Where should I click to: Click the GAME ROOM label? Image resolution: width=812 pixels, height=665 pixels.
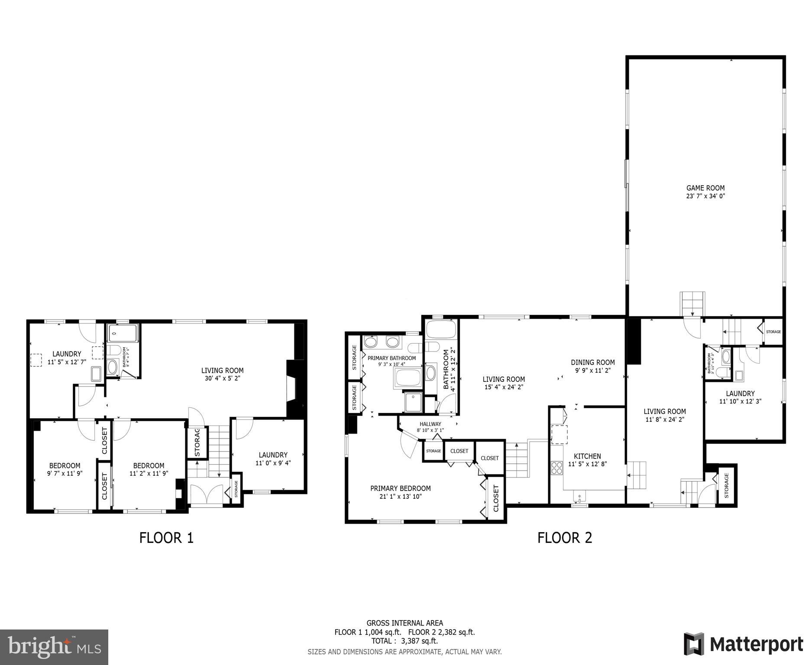(705, 188)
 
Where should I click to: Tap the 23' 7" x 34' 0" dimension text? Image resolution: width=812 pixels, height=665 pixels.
(705, 196)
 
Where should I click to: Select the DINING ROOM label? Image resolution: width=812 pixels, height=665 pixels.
(592, 362)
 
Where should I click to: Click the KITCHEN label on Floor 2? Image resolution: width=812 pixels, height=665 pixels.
(587, 456)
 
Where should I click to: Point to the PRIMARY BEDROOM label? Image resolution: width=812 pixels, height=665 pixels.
(400, 488)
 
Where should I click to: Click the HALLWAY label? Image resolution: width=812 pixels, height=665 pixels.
(430, 424)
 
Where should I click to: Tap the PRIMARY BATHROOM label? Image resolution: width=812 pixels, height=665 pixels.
(391, 358)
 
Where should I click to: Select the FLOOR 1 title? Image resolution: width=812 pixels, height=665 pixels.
(166, 538)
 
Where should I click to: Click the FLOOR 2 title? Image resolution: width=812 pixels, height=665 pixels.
(564, 538)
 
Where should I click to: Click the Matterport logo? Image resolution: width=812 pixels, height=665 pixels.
(743, 644)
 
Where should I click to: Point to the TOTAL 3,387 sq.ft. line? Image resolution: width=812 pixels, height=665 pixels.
(404, 641)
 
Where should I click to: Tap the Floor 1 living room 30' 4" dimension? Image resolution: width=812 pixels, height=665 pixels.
(222, 378)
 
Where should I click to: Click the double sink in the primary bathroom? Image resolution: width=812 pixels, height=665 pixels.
(382, 342)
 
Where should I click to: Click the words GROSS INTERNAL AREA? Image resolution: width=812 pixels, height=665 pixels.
(404, 623)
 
